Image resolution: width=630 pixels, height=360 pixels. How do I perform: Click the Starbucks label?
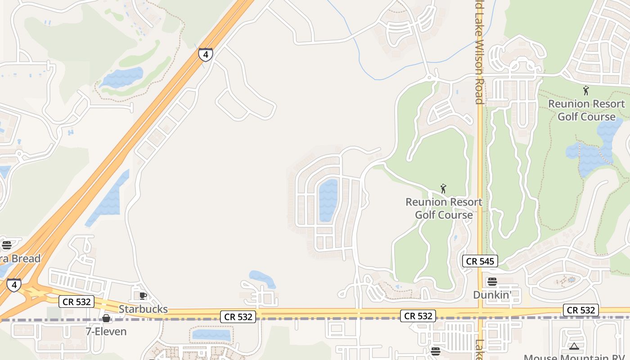click(x=143, y=309)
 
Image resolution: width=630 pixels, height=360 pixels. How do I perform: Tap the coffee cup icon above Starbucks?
click(x=143, y=296)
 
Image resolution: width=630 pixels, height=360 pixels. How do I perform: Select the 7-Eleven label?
click(x=106, y=332)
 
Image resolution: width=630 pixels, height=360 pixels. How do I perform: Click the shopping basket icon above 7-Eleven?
click(x=106, y=319)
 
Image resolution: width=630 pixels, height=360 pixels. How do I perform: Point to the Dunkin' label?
click(x=492, y=295)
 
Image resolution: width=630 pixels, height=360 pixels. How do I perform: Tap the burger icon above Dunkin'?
click(x=492, y=282)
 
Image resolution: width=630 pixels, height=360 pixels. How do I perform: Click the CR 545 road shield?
click(x=480, y=261)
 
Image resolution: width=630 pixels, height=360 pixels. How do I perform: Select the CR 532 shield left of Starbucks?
click(x=76, y=301)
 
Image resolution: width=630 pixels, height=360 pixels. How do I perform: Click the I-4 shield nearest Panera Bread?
click(x=14, y=285)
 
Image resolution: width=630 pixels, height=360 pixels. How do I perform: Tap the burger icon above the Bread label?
click(x=6, y=245)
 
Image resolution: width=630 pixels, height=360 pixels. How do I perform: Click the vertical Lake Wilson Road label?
click(x=479, y=52)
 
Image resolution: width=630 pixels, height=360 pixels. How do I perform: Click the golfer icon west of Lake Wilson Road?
click(x=443, y=189)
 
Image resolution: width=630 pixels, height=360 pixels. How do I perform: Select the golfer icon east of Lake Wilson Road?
click(x=586, y=90)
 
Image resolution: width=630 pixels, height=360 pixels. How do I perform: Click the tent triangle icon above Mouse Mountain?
click(x=574, y=346)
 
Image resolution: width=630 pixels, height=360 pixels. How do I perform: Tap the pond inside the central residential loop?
click(x=328, y=200)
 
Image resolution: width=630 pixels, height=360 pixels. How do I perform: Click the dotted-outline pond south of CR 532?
click(x=211, y=335)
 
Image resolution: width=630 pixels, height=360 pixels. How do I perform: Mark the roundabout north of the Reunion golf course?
click(x=430, y=78)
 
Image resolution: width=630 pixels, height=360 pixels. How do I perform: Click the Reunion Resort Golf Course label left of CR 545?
click(x=444, y=208)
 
